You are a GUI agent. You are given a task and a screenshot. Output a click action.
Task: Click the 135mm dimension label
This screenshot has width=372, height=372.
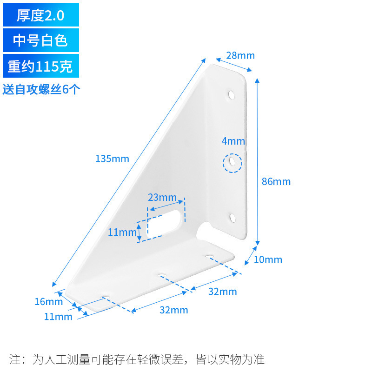click(112, 159)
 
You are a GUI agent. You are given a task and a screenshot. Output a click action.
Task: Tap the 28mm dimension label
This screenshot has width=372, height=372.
click(240, 55)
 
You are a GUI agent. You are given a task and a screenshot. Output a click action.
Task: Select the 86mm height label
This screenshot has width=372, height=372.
click(276, 181)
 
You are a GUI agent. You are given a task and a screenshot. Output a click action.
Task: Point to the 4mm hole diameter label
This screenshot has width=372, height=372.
click(233, 141)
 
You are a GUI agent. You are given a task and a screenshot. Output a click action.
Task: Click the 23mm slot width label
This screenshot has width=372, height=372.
click(162, 197)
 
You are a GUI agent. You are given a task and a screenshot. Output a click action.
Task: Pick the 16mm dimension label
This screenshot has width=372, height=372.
click(48, 302)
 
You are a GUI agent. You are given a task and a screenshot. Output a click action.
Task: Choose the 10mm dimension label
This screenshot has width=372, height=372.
click(268, 259)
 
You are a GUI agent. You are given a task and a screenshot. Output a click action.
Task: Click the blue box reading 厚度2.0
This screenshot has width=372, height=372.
click(41, 15)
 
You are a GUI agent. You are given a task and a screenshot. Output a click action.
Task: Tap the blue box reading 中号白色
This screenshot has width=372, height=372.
click(41, 40)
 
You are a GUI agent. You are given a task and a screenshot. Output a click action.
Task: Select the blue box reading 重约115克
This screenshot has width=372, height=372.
click(41, 66)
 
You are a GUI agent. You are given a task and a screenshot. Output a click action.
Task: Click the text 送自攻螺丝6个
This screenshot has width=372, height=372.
click(41, 89)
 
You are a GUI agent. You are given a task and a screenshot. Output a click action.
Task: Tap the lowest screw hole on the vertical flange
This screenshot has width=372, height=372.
click(232, 217)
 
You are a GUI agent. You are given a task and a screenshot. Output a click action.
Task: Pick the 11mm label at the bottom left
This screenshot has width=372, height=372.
click(58, 317)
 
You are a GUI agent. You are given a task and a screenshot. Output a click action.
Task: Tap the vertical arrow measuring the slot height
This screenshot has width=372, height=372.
click(139, 232)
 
